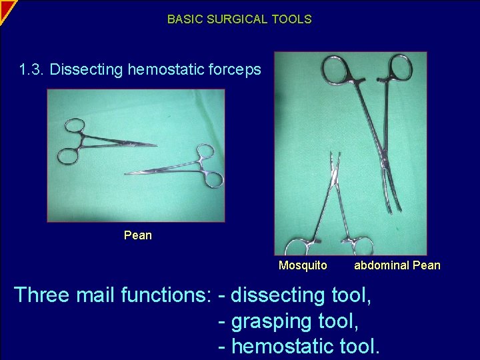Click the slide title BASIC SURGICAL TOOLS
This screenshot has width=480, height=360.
239,19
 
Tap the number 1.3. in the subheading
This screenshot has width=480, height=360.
32,69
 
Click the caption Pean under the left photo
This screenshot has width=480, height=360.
138,235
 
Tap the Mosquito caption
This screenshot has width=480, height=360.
303,265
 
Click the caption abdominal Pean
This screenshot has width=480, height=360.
397,265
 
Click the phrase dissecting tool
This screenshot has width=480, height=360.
301,295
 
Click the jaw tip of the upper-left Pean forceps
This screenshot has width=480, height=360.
156,145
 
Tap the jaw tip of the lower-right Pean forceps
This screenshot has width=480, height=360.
127,174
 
